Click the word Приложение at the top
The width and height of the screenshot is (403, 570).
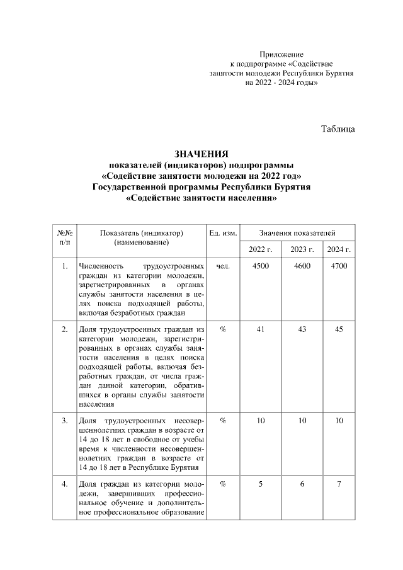[281, 55]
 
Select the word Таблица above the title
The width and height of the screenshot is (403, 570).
[338, 129]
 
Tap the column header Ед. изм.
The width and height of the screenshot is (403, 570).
[222, 233]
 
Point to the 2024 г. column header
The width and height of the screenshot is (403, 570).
[339, 249]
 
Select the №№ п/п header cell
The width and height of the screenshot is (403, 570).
[64, 237]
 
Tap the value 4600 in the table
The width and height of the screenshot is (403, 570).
[302, 266]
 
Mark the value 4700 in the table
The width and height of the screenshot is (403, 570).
[339, 266]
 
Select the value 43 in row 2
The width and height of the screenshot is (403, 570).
[302, 329]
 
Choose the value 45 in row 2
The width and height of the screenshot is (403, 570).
[339, 329]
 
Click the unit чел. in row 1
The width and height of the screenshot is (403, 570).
[222, 266]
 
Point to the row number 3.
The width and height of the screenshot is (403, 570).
[64, 420]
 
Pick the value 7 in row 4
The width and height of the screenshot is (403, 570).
[339, 484]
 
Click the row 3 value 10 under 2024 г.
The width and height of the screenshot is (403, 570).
[339, 420]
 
